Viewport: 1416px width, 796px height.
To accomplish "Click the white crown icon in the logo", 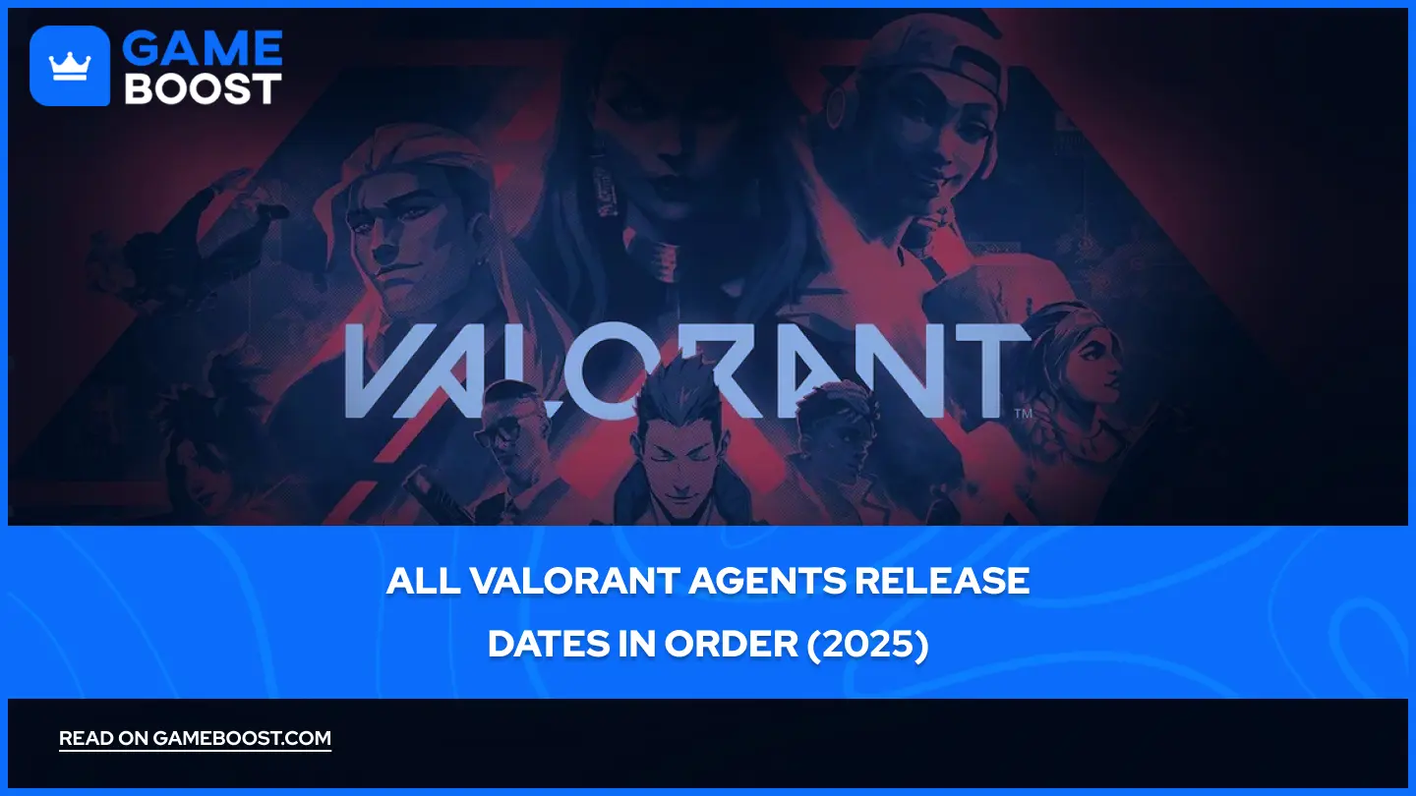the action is click(x=70, y=67).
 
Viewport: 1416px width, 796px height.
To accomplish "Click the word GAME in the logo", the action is click(x=203, y=48).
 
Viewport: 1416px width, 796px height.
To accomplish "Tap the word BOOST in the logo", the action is click(x=203, y=88).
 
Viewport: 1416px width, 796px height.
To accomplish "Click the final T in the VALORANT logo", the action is click(x=992, y=370).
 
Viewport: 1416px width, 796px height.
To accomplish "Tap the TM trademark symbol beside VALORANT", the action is click(x=1024, y=413).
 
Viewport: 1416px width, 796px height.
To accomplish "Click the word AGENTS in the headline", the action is click(x=767, y=581).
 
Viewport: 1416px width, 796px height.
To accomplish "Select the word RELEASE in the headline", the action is click(x=942, y=581).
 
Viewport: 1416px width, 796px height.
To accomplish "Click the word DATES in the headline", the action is click(x=548, y=645).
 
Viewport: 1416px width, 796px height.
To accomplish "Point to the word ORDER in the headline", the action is click(x=732, y=645).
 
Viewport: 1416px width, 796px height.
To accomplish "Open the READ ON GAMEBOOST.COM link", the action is click(x=195, y=739).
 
